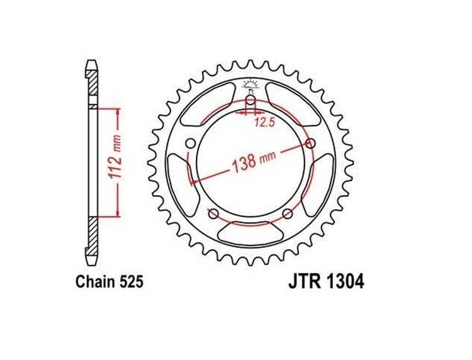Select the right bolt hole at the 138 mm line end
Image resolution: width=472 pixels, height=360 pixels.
tap(310, 143)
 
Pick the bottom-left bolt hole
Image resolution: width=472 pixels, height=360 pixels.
tap(213, 214)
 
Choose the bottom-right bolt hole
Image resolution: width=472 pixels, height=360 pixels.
tap(288, 214)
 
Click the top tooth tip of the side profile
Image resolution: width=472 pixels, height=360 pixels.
tap(92, 63)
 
